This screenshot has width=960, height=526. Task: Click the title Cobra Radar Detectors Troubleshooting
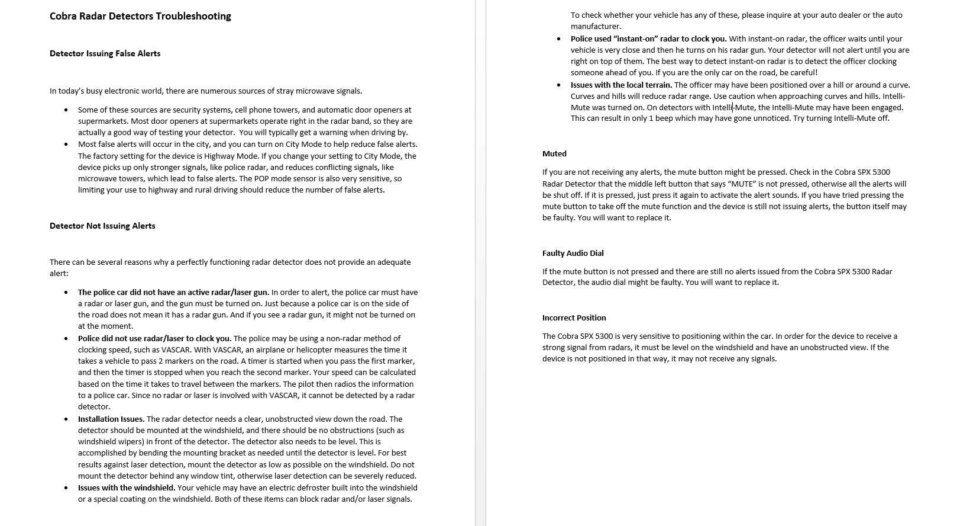click(x=140, y=16)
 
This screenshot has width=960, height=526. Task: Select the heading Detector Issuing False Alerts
click(x=105, y=53)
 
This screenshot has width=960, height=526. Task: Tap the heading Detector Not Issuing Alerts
click(x=102, y=226)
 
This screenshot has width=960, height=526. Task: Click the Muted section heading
click(x=554, y=153)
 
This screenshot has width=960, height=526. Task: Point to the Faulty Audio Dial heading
click(x=573, y=253)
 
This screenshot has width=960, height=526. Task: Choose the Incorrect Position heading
click(x=574, y=317)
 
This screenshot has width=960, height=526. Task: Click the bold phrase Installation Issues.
click(x=111, y=419)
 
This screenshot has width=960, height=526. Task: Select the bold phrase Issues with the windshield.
click(x=127, y=487)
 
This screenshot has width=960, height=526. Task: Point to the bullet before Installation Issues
click(x=66, y=419)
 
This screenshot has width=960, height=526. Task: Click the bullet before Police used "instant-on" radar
click(x=559, y=39)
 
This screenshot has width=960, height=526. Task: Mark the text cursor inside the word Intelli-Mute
click(x=733, y=107)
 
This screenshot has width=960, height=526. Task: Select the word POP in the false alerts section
click(x=261, y=178)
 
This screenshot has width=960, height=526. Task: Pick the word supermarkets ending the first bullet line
click(x=389, y=110)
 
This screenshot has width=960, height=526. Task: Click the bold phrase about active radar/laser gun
click(x=173, y=292)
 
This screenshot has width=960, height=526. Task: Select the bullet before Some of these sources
click(x=66, y=110)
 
